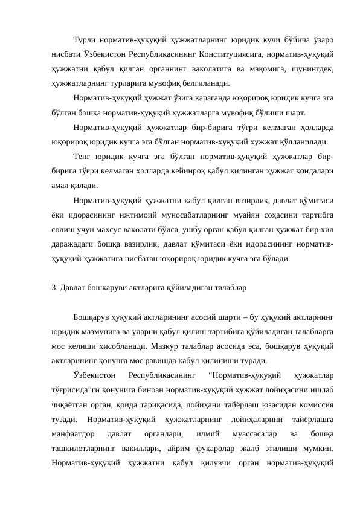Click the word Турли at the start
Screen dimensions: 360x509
pyautogui.click(x=84, y=40)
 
